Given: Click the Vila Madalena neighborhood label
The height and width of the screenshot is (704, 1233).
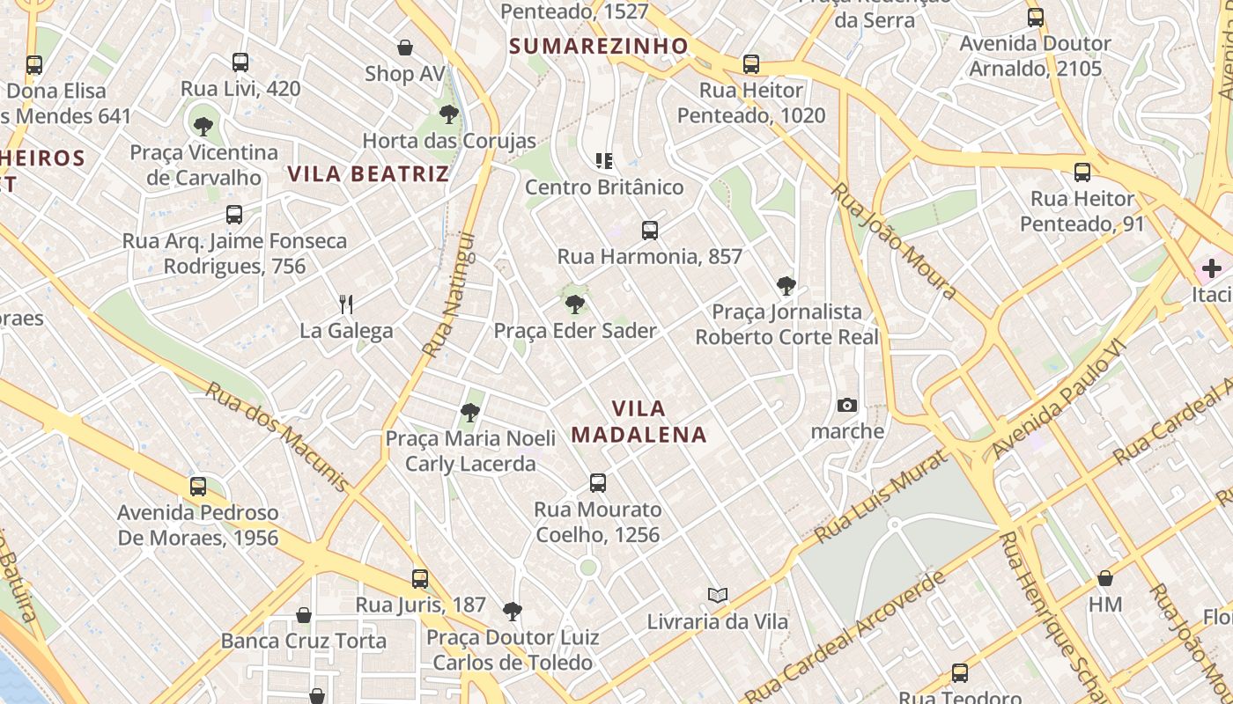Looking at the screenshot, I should pos(639,422).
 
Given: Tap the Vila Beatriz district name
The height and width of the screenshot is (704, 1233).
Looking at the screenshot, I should pos(368,173).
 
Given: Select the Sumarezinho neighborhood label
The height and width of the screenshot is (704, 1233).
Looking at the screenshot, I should pos(598,46).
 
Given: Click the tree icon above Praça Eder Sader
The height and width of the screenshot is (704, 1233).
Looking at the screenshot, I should pos(575,304).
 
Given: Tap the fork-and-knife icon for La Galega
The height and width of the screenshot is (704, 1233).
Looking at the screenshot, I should pos(346,304).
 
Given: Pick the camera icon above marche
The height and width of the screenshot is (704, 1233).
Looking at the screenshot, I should pos(847,405).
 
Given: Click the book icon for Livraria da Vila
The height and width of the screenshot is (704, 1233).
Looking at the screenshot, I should pos(718,596).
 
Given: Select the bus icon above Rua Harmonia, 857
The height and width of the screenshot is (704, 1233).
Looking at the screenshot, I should pos(650,231).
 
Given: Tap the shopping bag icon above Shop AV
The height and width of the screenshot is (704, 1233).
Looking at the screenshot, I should pos(405,48).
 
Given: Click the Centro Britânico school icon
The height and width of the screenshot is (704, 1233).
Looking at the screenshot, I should pos(604,161).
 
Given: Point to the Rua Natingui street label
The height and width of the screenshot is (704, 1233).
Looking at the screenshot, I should pos(448,295).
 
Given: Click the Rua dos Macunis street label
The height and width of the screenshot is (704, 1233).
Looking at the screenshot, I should pos(277,436).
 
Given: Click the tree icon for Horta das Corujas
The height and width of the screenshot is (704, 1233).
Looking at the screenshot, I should pos(449,114).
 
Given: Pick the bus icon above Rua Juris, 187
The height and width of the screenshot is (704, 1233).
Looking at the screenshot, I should pos(420,579).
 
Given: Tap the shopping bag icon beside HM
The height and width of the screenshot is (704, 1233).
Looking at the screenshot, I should pos(1105,578).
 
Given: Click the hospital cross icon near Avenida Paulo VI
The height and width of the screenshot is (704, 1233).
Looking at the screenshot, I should pos(1212,268).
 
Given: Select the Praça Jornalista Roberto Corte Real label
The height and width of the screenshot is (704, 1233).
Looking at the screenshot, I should pos(786,324).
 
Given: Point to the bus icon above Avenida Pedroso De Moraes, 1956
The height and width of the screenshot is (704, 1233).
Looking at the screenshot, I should pos(198,487).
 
